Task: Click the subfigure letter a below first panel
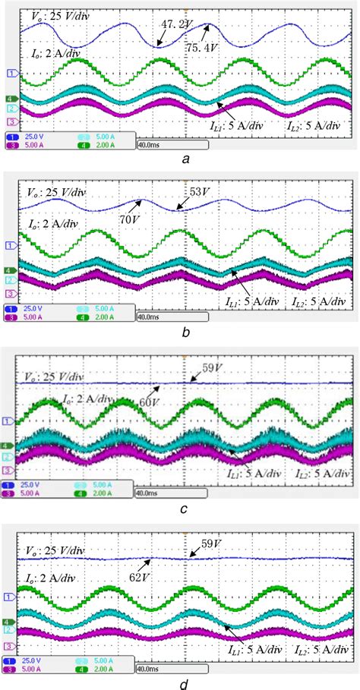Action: coord(185,159)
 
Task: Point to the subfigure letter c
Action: coord(185,510)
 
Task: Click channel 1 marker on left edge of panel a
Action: coord(11,73)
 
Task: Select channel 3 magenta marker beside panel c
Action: coord(11,471)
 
